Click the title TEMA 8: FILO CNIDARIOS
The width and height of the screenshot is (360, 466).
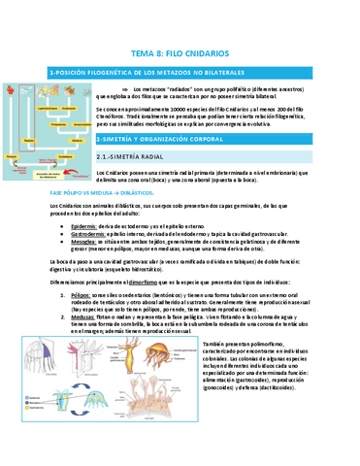180,56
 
